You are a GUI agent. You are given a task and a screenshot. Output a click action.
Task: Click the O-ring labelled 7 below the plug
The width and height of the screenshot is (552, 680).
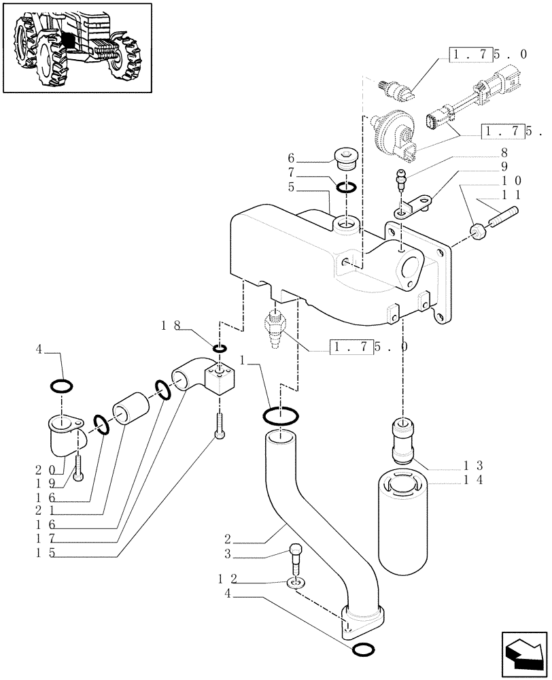point(346,187)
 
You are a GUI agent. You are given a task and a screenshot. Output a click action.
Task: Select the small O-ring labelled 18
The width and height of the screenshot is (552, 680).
point(220,349)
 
